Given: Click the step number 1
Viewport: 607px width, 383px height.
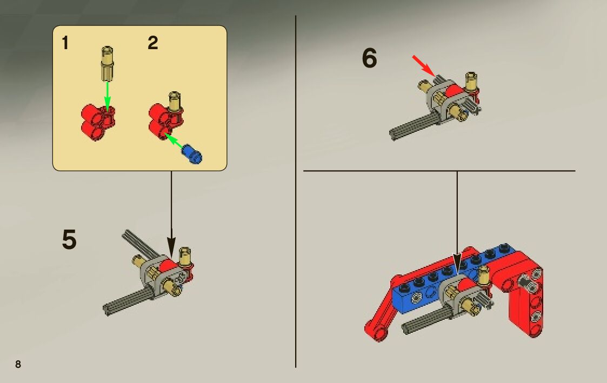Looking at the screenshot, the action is (x=65, y=43).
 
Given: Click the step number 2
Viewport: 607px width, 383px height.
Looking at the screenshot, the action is (x=153, y=43).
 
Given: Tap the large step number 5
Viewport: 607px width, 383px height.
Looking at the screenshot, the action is (x=69, y=240).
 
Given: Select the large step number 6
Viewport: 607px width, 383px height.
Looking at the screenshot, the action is (x=369, y=58).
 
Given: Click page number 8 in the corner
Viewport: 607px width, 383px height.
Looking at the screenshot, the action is (x=18, y=364).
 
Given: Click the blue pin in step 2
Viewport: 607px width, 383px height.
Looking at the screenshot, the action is (x=192, y=154).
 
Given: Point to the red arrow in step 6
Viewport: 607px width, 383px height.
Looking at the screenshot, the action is (x=423, y=64).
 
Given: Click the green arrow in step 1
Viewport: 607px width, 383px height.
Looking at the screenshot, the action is (x=107, y=94).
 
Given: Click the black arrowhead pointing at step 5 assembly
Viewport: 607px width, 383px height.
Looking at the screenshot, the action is (x=171, y=248).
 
